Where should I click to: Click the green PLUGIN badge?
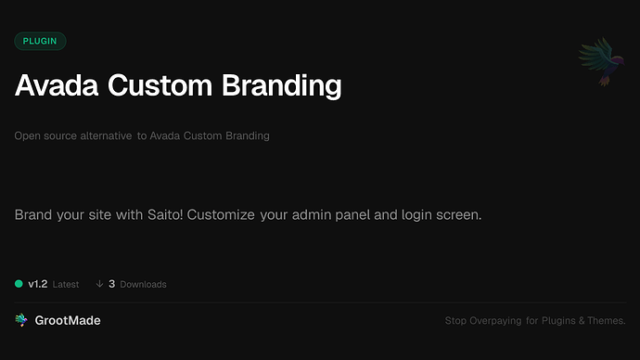click(x=40, y=41)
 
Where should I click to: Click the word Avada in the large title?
click(x=57, y=86)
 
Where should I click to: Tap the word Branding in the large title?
click(x=282, y=86)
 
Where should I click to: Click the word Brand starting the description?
click(x=33, y=215)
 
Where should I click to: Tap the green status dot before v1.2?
click(x=19, y=284)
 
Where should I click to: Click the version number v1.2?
click(x=37, y=284)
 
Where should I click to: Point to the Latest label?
click(x=66, y=285)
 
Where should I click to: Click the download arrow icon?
click(x=99, y=284)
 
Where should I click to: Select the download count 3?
click(x=111, y=284)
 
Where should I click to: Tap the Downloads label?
click(x=143, y=285)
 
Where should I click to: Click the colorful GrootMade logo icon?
click(x=21, y=320)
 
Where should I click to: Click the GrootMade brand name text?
click(x=68, y=320)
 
